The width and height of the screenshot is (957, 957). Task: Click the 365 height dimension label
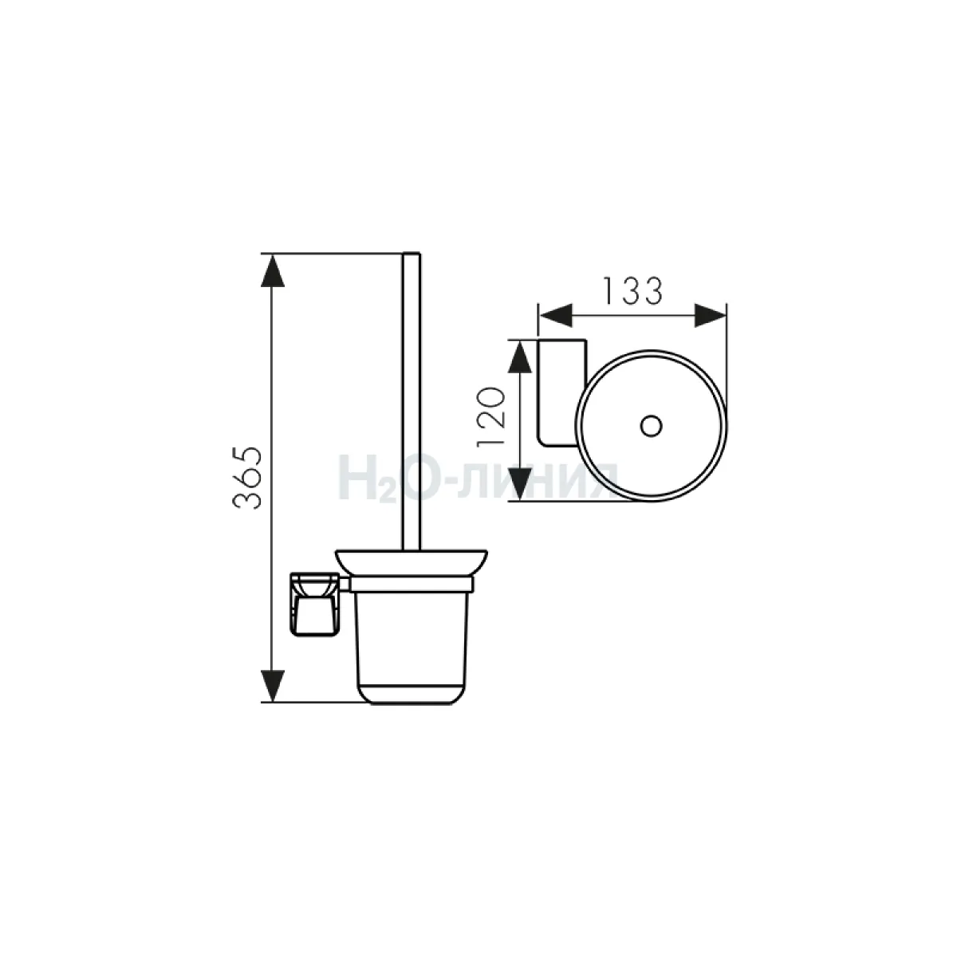click(247, 478)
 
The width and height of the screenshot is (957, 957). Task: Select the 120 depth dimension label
click(490, 416)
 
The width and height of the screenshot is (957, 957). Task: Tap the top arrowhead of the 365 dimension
click(273, 270)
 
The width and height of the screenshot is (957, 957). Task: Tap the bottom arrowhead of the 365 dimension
click(273, 687)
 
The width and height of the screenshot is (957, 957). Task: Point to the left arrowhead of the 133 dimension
click(555, 315)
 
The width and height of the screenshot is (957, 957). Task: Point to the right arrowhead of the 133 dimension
click(711, 315)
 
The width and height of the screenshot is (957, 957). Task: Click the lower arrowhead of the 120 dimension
click(519, 485)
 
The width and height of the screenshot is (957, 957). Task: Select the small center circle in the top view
click(651, 426)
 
